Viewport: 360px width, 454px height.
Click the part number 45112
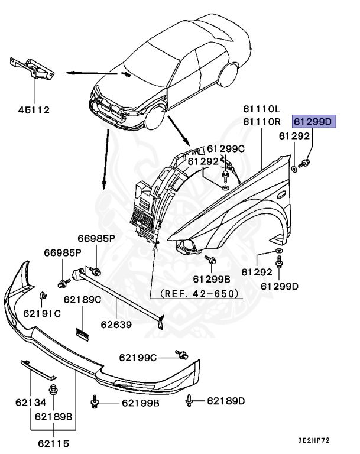(33, 109)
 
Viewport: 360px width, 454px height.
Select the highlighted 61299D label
(314, 122)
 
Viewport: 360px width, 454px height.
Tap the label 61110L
(260, 109)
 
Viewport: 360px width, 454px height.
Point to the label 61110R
(260, 122)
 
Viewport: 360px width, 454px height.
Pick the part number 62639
(116, 325)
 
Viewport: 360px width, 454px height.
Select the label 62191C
(42, 313)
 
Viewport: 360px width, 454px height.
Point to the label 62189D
(226, 401)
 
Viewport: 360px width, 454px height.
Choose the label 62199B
(141, 403)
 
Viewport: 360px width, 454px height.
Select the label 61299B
(211, 278)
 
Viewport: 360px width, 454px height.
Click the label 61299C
(225, 148)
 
